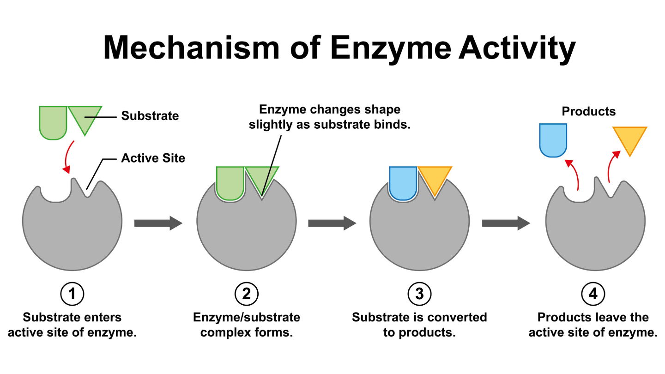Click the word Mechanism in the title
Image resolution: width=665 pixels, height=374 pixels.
click(x=192, y=47)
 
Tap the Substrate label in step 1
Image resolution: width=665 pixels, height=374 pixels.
click(x=150, y=116)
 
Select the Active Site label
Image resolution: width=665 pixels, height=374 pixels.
click(x=153, y=158)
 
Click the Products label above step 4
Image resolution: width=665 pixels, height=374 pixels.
click(x=588, y=111)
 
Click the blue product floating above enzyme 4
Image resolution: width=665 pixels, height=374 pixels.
click(x=553, y=139)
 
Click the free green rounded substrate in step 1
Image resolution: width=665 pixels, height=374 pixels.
click(x=53, y=122)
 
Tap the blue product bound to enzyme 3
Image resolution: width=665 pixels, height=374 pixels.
click(x=403, y=182)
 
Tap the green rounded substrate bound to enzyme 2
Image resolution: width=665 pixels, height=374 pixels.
click(x=230, y=182)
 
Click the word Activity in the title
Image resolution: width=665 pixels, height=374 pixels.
click(x=517, y=47)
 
